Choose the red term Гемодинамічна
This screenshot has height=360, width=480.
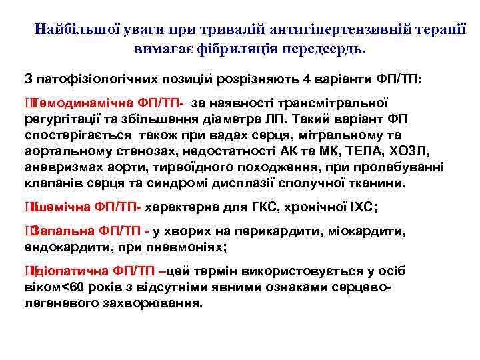pyautogui.click(x=79, y=104)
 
